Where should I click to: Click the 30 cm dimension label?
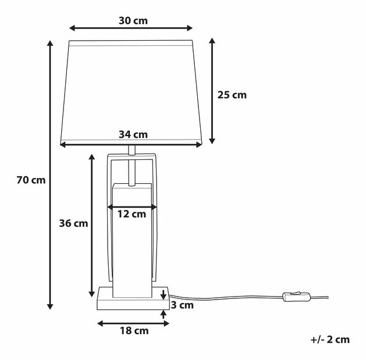133,20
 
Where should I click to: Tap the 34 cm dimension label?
133,134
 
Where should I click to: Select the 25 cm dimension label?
232,95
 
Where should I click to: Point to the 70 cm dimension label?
31,180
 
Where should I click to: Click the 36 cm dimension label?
73,223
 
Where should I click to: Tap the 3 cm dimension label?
182,305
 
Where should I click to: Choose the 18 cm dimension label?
133,331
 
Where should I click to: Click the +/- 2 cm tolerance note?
330,340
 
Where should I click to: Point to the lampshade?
131,87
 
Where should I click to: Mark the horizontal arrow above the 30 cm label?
131,28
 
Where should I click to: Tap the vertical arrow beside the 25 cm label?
212,91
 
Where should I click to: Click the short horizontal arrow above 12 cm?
133,206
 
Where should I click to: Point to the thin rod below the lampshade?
132,166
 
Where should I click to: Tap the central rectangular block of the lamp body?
133,250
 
